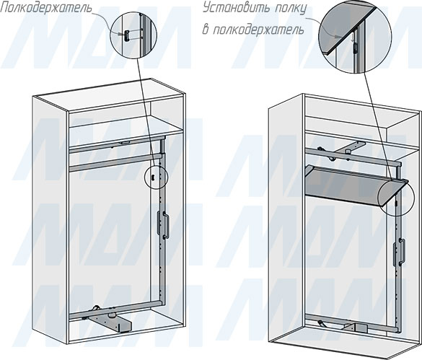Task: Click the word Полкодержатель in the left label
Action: click(x=45, y=8)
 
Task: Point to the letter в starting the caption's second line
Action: click(x=206, y=30)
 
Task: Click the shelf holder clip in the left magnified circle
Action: click(x=126, y=35)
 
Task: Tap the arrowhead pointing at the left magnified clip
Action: click(x=121, y=34)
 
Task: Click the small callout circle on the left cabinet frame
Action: click(x=156, y=177)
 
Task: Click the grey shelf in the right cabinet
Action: click(x=355, y=185)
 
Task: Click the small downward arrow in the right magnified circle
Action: click(x=352, y=37)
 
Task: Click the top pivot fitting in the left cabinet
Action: click(x=125, y=143)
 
